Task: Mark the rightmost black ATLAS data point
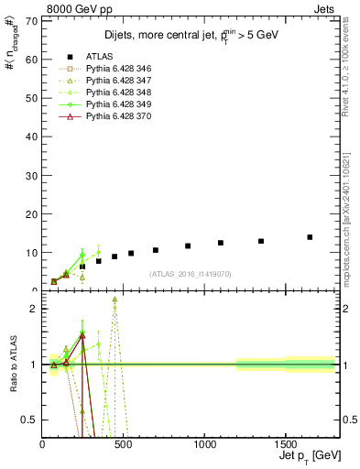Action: [x=310, y=237]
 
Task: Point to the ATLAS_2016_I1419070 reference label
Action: [x=191, y=274]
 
